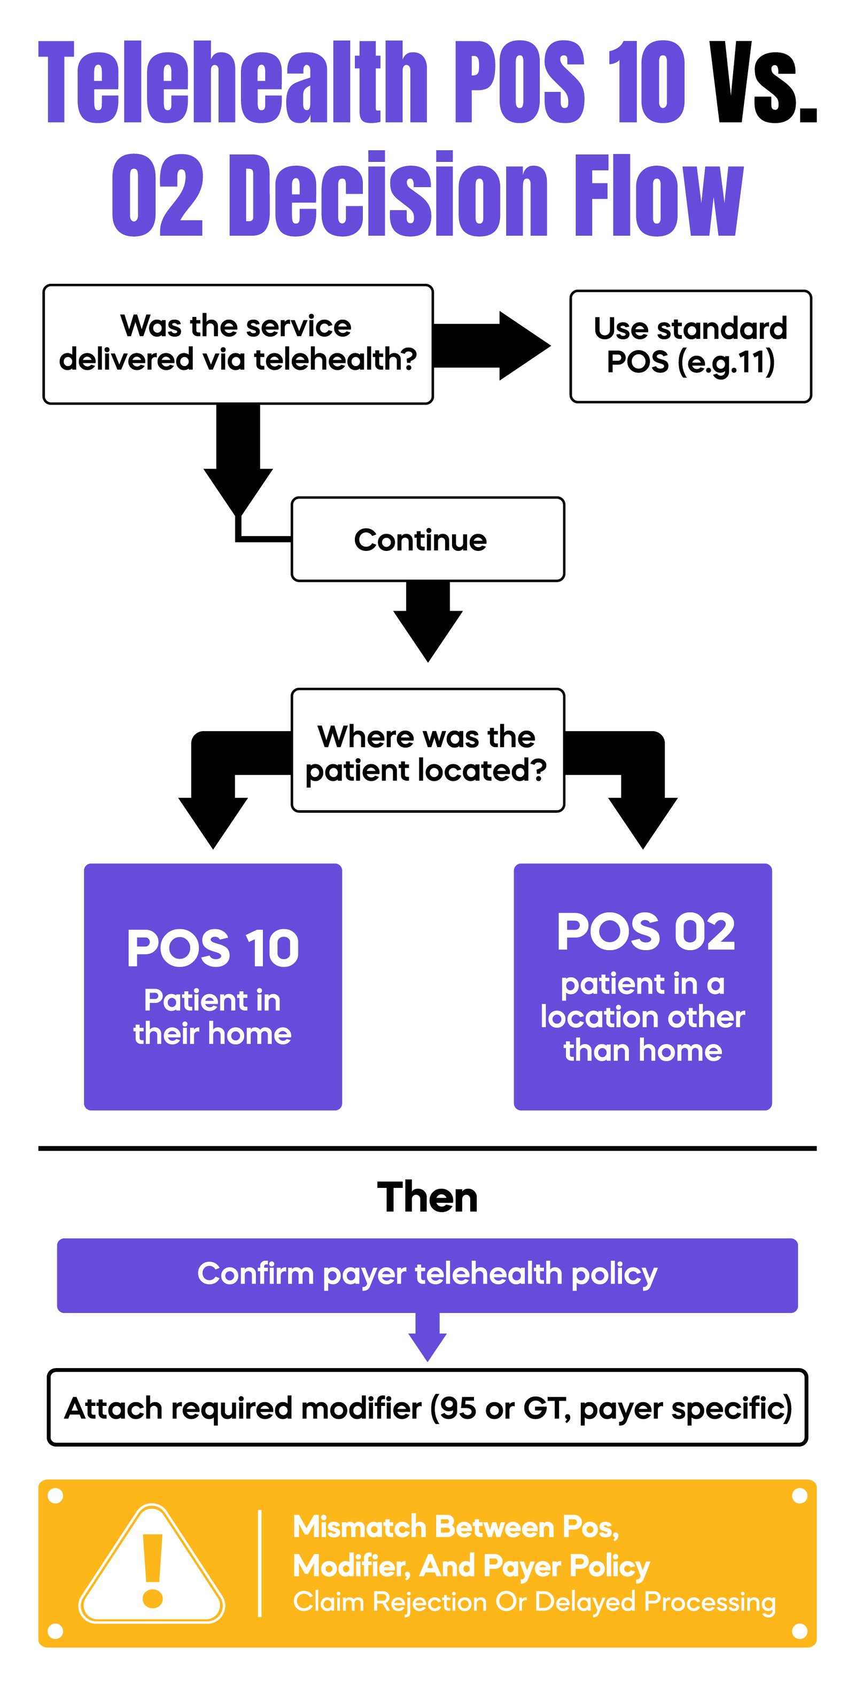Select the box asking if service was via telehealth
pyautogui.click(x=238, y=344)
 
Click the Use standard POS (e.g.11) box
pyautogui.click(x=690, y=346)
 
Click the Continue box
pyautogui.click(x=427, y=539)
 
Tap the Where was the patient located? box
pyautogui.click(x=427, y=751)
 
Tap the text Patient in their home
pyautogui.click(x=212, y=1017)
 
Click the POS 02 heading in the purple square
pyautogui.click(x=645, y=931)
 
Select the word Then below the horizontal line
pyautogui.click(x=427, y=1198)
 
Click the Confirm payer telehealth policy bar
pyautogui.click(x=427, y=1273)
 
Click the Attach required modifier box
pyautogui.click(x=427, y=1407)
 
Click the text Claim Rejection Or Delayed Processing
pyautogui.click(x=533, y=1601)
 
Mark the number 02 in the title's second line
pyautogui.click(x=158, y=195)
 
